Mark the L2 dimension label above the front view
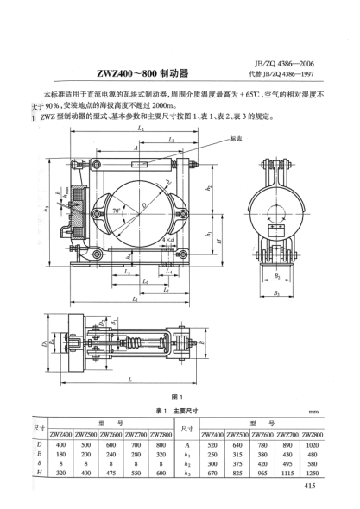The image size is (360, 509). point(140,128)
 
